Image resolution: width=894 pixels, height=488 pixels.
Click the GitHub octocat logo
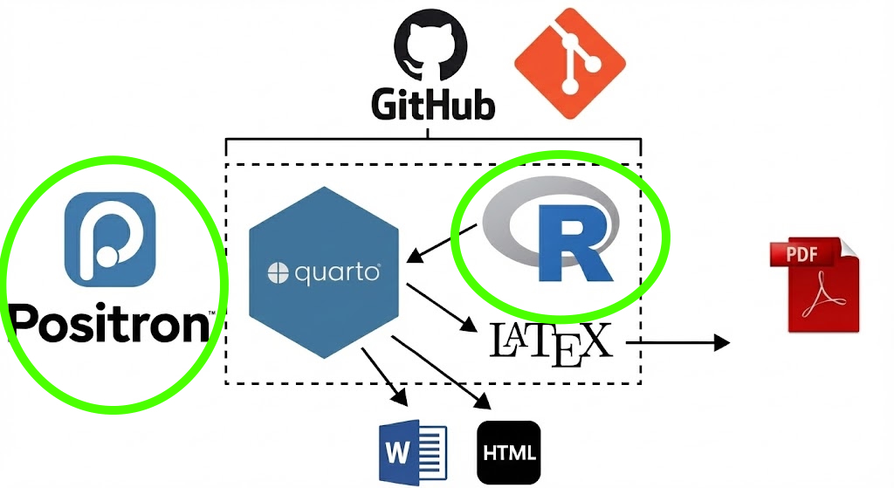(430, 52)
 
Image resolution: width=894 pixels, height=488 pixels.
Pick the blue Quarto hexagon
(324, 271)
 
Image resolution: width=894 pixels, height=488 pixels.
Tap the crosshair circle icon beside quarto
(277, 274)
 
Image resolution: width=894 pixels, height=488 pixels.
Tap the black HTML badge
(509, 453)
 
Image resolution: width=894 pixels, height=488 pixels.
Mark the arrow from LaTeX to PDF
(677, 342)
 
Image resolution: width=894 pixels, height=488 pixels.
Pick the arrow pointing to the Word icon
(385, 375)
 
